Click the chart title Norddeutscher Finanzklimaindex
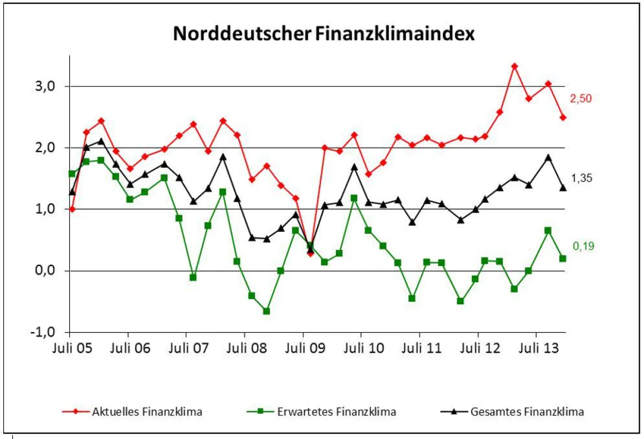coord(324,34)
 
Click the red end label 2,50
coord(583,99)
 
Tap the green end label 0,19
coord(583,246)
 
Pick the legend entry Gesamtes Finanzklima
coord(526,412)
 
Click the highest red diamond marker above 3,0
coord(514,67)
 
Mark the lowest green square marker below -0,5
coord(266,311)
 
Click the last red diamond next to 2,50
coord(562,118)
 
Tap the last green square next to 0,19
coord(562,259)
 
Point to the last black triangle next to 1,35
coord(562,187)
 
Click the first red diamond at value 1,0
coord(72,209)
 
